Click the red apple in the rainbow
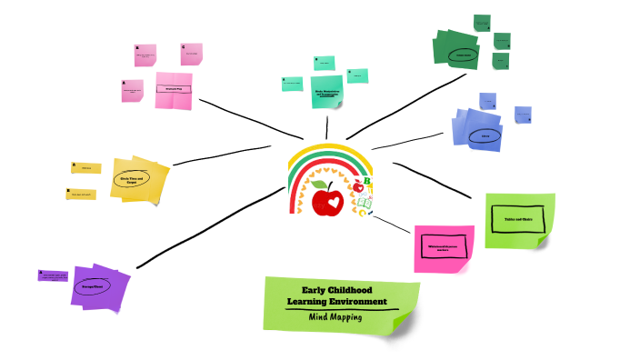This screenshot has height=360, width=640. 325,199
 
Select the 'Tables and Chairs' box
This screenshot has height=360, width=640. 518,218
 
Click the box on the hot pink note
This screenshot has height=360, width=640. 445,246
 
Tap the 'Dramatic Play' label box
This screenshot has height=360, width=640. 174,89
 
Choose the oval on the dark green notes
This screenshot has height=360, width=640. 463,54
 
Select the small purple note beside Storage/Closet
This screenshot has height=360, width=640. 53,275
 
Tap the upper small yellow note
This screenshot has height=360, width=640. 86,167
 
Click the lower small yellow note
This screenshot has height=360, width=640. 81,194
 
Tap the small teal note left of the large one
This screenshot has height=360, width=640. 293,84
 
